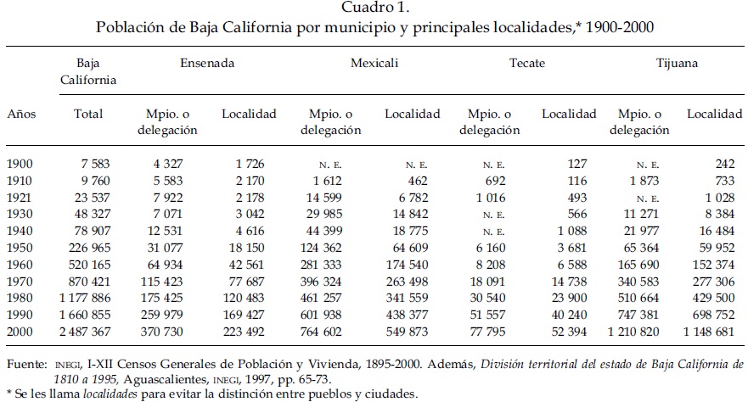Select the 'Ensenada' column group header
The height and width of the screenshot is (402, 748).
(207, 63)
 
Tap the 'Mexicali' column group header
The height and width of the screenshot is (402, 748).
(374, 63)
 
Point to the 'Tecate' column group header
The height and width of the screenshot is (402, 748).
(527, 63)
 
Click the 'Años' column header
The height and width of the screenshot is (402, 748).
(21, 114)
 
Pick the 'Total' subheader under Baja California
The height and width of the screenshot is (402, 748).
(88, 114)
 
